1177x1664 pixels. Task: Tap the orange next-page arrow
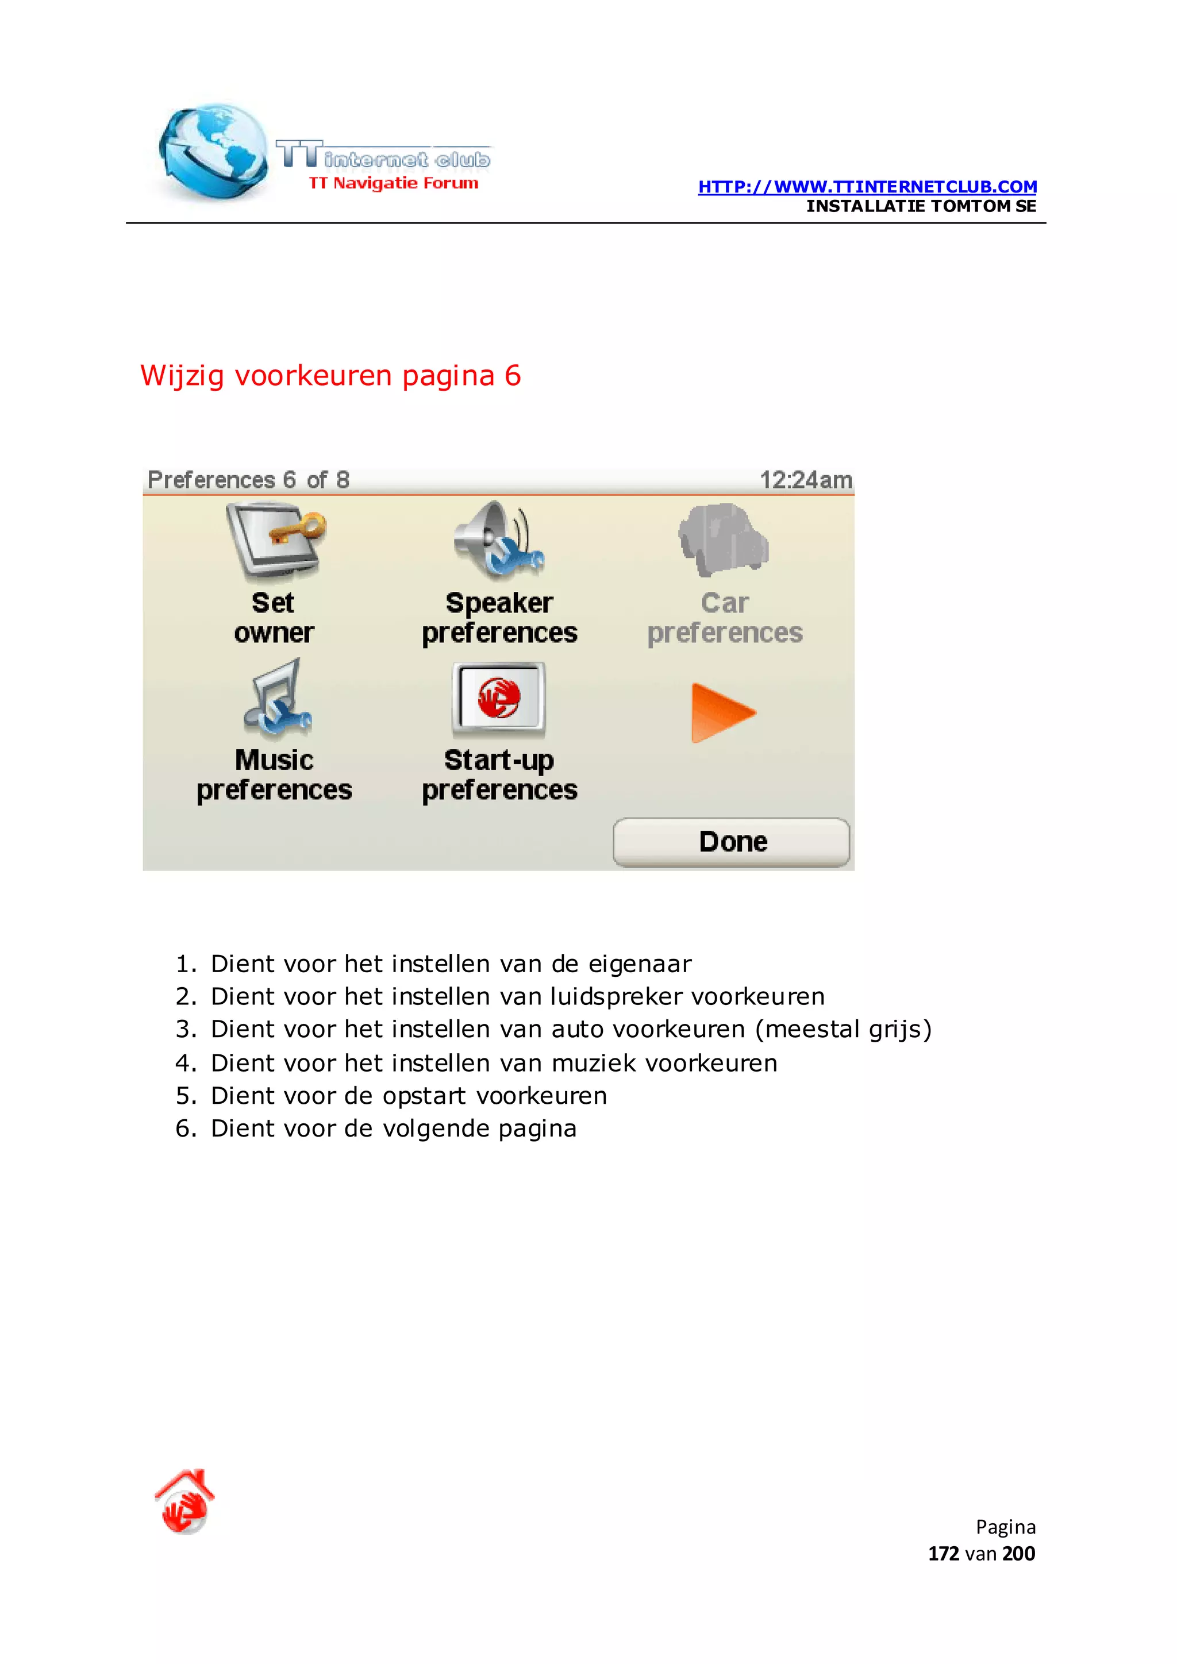click(722, 712)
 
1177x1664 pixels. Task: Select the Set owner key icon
click(276, 541)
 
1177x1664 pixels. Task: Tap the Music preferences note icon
click(277, 699)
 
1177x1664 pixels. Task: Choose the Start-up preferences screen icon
click(499, 699)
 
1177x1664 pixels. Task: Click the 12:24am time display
click(805, 480)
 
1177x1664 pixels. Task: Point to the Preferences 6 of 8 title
click(248, 480)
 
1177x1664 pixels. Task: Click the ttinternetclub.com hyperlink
click(867, 187)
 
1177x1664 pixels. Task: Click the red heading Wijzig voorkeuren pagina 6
click(330, 375)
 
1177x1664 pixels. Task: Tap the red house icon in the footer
click(185, 1501)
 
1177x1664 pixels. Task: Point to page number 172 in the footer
click(943, 1554)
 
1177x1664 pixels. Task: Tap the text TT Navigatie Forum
click(394, 183)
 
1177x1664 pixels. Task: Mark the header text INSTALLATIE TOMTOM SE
click(921, 206)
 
